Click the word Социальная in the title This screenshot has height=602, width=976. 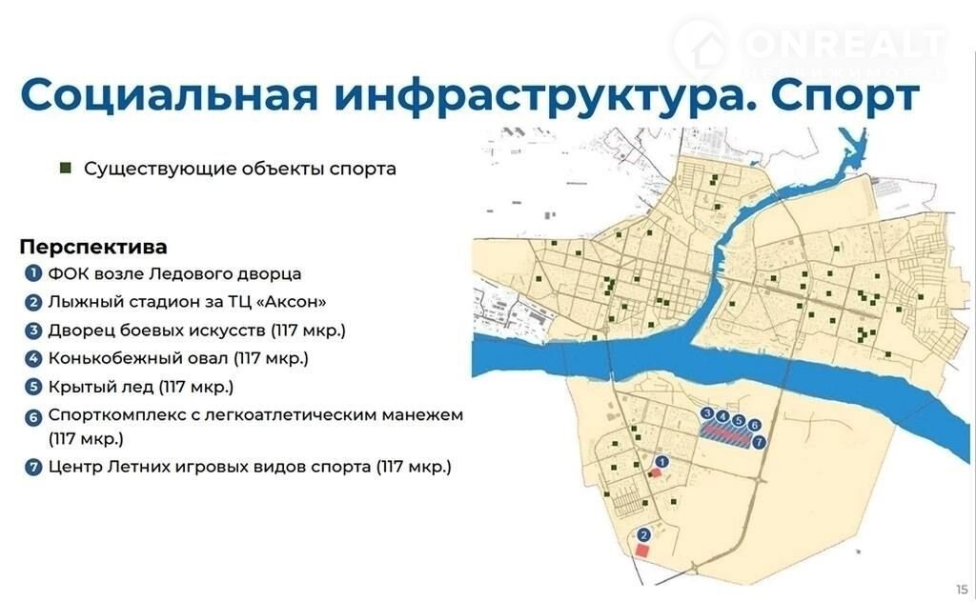click(x=170, y=94)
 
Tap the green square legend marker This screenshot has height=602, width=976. click(x=66, y=168)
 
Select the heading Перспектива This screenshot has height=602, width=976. click(x=93, y=247)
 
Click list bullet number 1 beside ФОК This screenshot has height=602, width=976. click(x=33, y=273)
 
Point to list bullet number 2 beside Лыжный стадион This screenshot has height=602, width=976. click(x=33, y=302)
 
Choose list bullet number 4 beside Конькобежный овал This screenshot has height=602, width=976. click(x=33, y=359)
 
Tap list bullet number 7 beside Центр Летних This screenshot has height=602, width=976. click(x=33, y=467)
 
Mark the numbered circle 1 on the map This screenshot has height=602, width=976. click(x=661, y=462)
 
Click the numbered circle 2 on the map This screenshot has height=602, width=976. click(x=643, y=534)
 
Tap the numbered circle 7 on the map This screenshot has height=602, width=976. click(x=758, y=442)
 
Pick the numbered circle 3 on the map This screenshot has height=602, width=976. click(x=706, y=413)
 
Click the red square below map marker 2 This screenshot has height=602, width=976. click(x=641, y=551)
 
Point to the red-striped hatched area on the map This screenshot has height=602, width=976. click(x=725, y=433)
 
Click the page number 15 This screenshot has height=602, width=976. click(x=962, y=589)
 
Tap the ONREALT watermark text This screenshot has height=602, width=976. click(x=844, y=44)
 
